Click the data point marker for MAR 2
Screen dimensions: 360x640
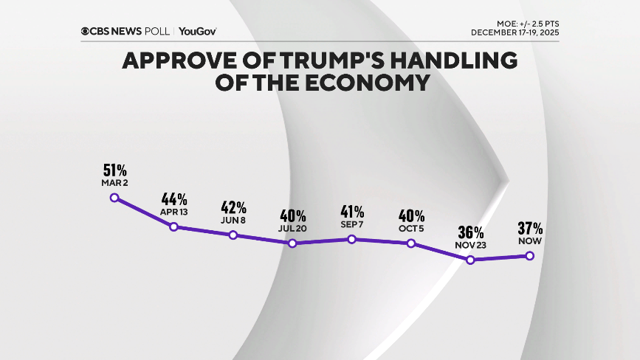114,198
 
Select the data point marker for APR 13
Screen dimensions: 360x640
174,226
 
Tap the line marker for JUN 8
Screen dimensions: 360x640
233,235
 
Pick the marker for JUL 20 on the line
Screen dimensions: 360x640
293,243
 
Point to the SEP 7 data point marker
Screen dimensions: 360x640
352,239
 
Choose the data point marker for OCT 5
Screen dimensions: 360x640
411,243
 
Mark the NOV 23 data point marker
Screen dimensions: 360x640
470,260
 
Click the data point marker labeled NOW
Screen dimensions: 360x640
529,256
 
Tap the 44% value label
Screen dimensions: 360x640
174,199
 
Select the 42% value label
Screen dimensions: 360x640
233,207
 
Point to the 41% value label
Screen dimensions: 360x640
352,212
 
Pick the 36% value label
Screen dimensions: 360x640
470,232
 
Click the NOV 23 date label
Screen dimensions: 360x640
470,245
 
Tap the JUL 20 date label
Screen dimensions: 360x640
293,229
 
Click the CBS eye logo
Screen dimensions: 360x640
86,31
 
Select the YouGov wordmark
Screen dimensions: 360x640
197,31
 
